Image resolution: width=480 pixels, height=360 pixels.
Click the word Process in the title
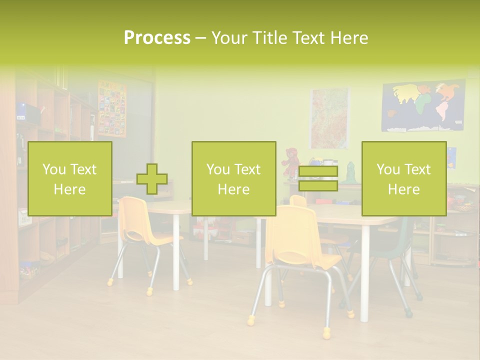click(x=157, y=38)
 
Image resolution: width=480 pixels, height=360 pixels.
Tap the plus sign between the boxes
click(x=152, y=179)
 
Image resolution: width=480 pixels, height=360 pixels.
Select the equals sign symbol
click(x=318, y=179)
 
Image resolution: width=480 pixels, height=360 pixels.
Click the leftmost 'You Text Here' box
click(x=70, y=178)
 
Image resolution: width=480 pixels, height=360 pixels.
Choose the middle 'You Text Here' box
click(x=233, y=178)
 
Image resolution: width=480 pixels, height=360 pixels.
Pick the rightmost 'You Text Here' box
click(x=403, y=178)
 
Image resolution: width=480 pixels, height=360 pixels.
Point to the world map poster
click(x=423, y=106)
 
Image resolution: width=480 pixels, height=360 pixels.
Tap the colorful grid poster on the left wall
click(x=112, y=108)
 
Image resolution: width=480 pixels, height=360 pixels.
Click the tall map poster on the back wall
click(x=329, y=118)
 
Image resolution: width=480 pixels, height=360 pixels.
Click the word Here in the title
click(x=350, y=38)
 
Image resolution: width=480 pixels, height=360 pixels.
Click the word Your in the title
click(x=229, y=38)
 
